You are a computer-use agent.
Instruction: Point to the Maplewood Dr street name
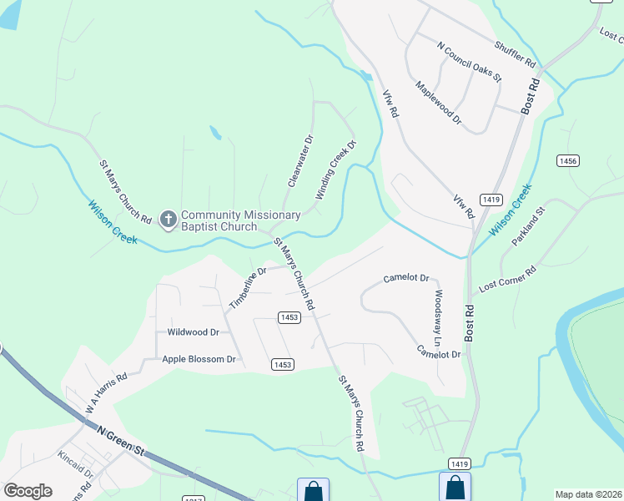438,103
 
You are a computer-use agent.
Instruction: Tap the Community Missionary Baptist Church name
240,221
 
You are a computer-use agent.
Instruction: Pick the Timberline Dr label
248,287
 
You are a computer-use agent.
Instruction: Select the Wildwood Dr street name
193,331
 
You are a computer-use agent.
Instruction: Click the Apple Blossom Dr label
199,359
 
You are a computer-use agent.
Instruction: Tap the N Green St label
121,440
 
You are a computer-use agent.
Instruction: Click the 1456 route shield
568,160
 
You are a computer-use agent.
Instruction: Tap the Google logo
28,490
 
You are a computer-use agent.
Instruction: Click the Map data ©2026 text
587,493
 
